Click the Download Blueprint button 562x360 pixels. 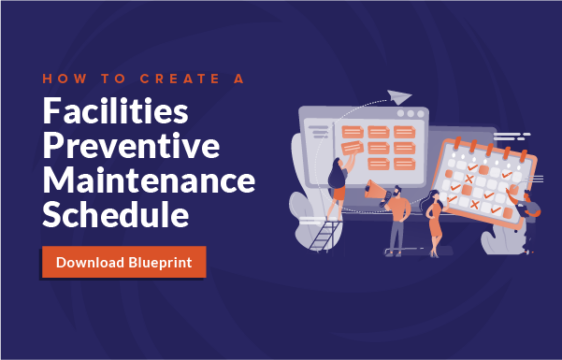click(x=124, y=262)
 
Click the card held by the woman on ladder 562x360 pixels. click(x=351, y=146)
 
